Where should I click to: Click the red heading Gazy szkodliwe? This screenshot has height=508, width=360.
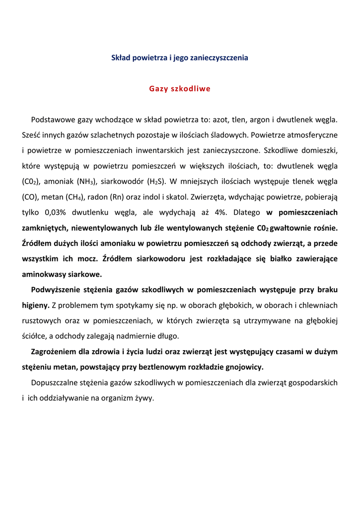point(180,89)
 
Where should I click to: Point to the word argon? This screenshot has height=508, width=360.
point(259,120)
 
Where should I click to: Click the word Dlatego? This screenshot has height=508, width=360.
point(247,212)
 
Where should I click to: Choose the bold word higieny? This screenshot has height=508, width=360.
point(35,305)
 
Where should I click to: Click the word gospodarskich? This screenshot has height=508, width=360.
point(312,382)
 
